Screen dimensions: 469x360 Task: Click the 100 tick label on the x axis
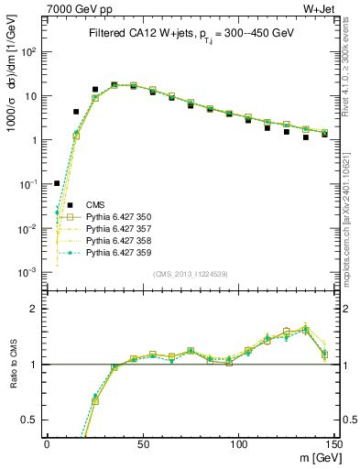tap(239, 443)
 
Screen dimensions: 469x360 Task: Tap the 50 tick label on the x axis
tap(143, 443)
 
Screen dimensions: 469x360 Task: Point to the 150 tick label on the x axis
tap(333, 443)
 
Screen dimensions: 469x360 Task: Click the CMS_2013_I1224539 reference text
tap(190, 274)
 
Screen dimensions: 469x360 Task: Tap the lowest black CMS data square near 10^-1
tap(57, 183)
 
